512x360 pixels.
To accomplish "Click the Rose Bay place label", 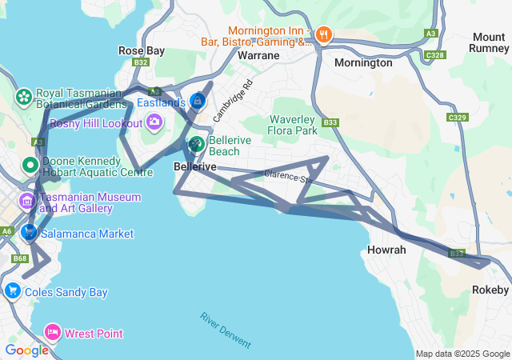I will click(x=142, y=50).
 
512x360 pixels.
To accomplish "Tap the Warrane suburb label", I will click(x=258, y=56).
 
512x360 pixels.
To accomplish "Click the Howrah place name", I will click(x=386, y=250).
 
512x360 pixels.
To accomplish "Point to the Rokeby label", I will click(x=490, y=290).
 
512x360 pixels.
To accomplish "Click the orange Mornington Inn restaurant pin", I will click(x=323, y=34).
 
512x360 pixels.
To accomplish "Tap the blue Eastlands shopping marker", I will click(x=198, y=102).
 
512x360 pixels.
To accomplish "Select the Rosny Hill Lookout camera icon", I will click(x=154, y=122).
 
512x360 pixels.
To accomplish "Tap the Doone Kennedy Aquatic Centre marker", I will click(x=30, y=166).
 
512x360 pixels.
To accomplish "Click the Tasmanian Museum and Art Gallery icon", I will click(x=28, y=200).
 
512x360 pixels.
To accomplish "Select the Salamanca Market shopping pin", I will click(x=29, y=233).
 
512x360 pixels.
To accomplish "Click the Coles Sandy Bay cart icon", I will click(x=12, y=291).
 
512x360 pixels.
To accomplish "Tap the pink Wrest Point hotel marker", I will click(x=53, y=332).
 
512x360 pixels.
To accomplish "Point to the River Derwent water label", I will click(x=226, y=330).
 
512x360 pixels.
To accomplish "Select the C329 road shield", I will click(x=458, y=118).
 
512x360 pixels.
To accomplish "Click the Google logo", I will click(x=26, y=350).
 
